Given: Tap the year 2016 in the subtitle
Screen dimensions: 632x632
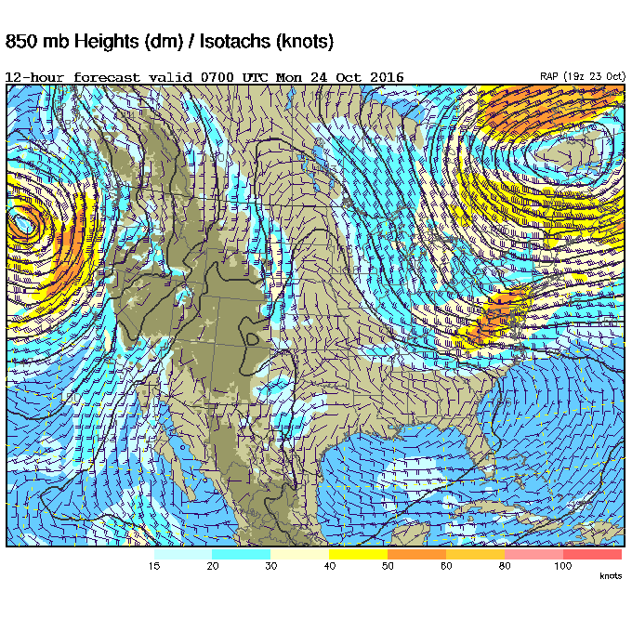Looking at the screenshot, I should (386, 77).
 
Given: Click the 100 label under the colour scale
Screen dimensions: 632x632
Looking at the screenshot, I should (562, 565).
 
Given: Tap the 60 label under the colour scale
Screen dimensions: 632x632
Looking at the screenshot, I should (445, 565).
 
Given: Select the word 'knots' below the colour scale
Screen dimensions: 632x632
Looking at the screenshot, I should (611, 576).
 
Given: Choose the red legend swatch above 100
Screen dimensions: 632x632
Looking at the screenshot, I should (592, 554).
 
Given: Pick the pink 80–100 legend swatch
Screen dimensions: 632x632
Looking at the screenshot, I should (533, 554).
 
